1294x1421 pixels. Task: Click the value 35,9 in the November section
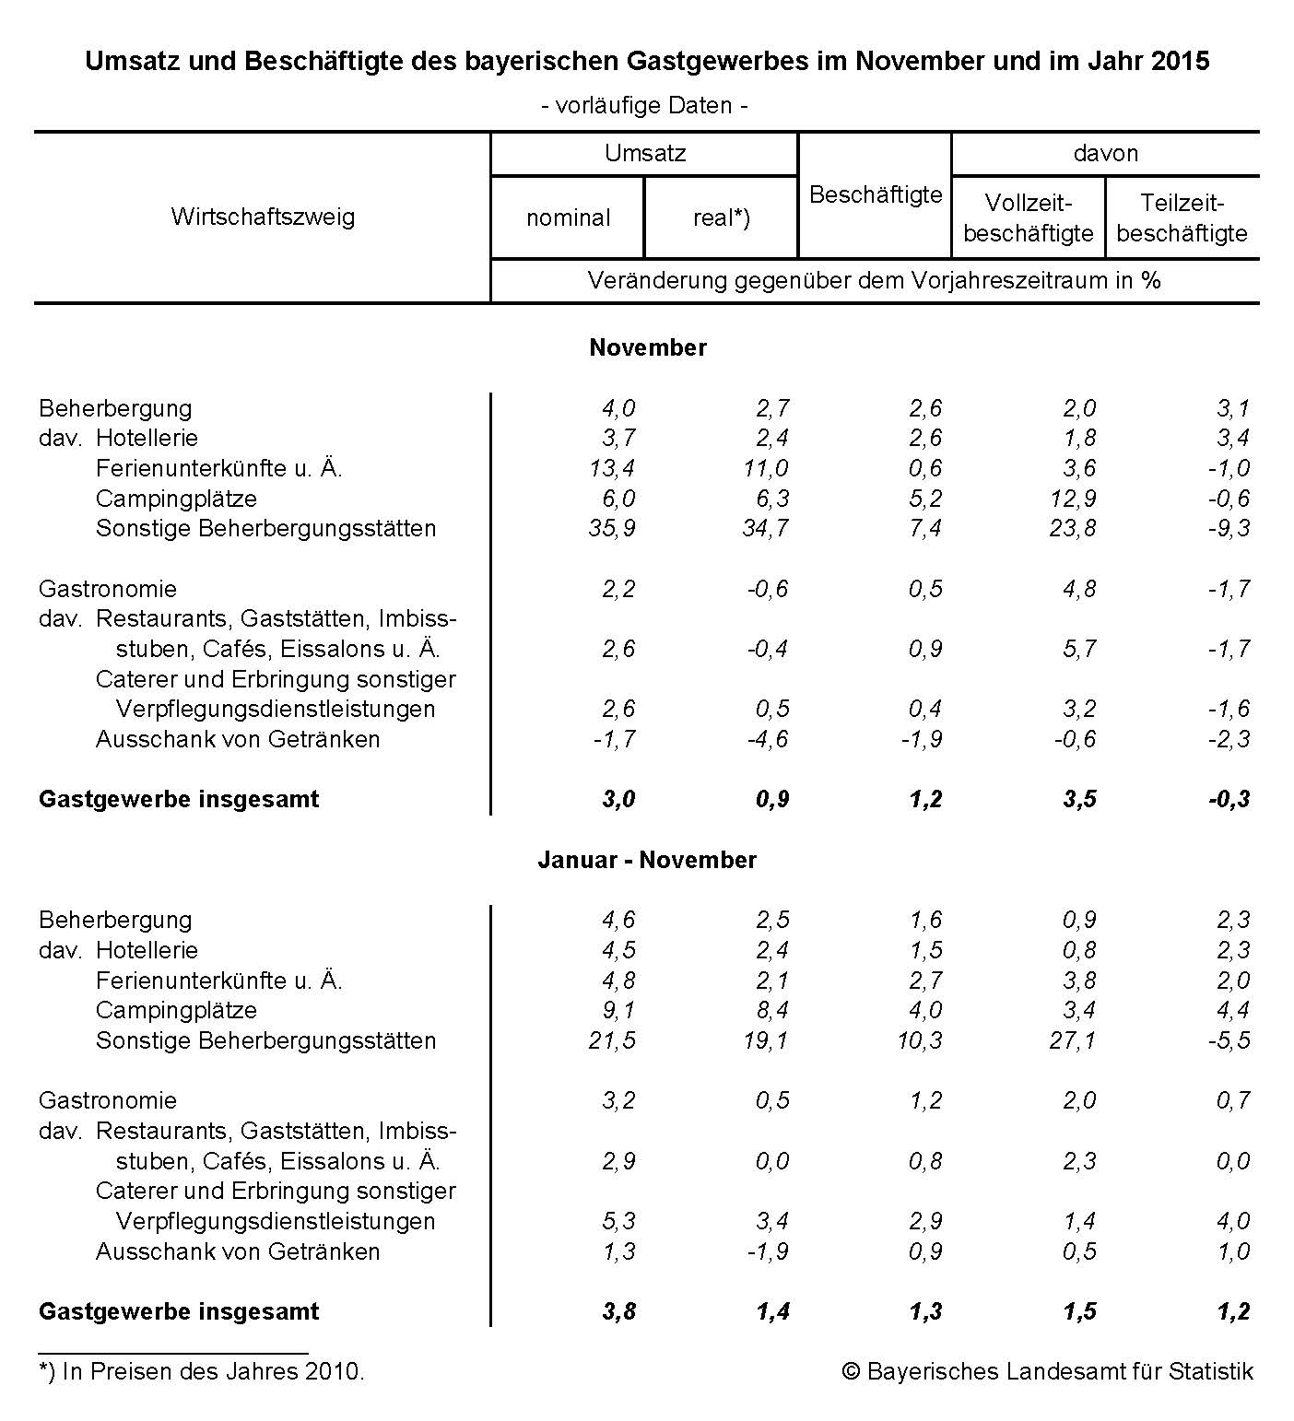point(612,529)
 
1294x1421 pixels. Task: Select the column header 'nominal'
point(568,218)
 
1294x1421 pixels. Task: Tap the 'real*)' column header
point(721,218)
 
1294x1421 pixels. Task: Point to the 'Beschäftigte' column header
point(875,194)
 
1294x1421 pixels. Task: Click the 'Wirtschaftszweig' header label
point(263,217)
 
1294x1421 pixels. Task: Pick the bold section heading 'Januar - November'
point(647,860)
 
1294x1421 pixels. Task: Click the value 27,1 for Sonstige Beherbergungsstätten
point(1073,1040)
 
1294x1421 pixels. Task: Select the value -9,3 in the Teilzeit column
point(1229,529)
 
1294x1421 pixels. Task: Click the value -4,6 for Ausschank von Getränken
point(767,739)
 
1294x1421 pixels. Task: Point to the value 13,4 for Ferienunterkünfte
point(612,468)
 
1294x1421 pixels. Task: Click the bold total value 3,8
point(618,1311)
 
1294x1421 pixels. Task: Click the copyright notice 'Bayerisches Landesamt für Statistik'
point(1048,1371)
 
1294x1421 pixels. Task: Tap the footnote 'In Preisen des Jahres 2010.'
point(203,1371)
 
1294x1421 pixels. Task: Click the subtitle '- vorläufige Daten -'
point(644,105)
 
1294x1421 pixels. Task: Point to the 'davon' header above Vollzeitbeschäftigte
point(1105,153)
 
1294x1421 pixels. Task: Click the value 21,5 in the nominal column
point(612,1040)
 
